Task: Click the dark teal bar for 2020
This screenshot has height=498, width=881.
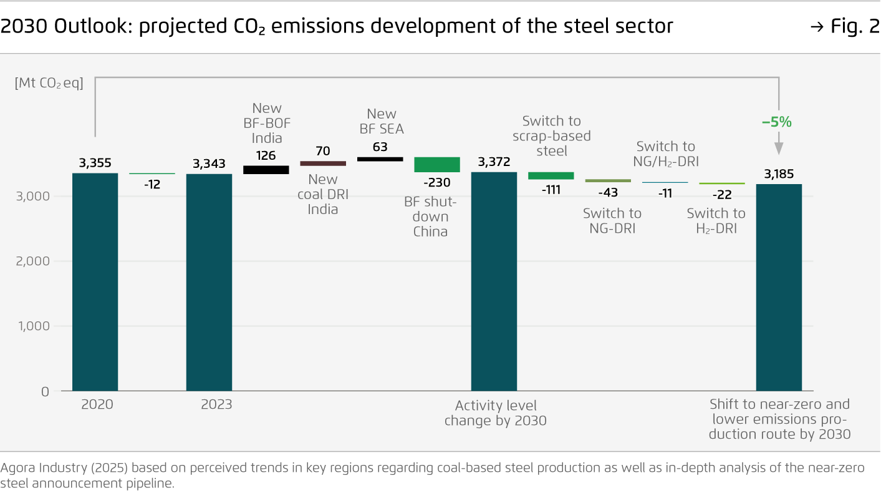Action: [95, 282]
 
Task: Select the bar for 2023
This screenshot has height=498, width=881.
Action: [209, 282]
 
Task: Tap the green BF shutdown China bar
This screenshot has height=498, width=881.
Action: [437, 165]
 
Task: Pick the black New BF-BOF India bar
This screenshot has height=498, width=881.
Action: [266, 170]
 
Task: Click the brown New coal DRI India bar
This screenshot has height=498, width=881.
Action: [323, 164]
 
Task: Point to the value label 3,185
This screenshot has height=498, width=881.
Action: [778, 173]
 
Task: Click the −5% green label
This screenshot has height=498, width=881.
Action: [777, 122]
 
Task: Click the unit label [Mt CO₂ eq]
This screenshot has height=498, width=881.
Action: [49, 83]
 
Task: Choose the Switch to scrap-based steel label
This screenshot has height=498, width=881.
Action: [551, 135]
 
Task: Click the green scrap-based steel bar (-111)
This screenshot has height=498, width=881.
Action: [551, 175]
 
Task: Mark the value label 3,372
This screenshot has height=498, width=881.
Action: [494, 162]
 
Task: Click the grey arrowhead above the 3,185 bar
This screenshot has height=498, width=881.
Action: [779, 148]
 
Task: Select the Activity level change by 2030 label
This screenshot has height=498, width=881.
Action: [495, 413]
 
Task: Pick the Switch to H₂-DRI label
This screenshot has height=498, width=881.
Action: [716, 221]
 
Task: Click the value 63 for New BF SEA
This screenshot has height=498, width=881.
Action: [380, 147]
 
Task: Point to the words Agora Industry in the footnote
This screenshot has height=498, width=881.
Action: [40, 468]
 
